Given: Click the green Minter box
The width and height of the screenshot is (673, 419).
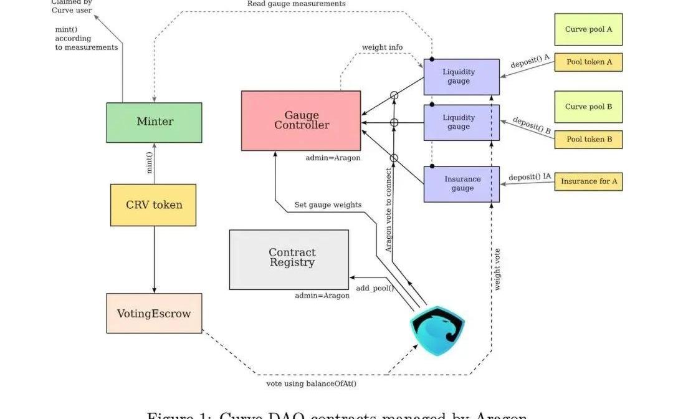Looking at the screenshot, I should pos(155,122).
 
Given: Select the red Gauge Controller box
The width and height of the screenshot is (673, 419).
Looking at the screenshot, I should pos(301,120).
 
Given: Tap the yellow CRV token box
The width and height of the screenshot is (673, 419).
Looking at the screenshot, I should pos(153,205).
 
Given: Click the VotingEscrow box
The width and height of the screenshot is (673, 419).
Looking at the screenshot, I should pos(154,313).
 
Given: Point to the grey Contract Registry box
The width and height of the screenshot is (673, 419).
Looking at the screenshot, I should pos(289,259).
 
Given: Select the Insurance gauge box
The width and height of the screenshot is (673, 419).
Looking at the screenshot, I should pos(461,184).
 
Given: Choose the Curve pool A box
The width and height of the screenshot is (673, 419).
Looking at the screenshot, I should pos(588,29).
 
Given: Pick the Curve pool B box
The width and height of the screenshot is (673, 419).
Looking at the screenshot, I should pos(588,107).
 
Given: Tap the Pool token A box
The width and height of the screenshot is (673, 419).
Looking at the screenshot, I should pos(588,62).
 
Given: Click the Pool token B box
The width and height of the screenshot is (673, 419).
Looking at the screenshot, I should pos(588,139).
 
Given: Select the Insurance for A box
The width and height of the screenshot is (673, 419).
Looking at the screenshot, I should pos(588,181).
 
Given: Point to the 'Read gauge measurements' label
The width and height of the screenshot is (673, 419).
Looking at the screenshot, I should pos(296,4).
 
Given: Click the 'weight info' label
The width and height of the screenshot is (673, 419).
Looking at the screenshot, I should pos(382,48).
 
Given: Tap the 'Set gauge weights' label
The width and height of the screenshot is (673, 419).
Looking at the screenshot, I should pos(328,205).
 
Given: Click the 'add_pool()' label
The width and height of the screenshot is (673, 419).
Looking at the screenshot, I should pos(375,288).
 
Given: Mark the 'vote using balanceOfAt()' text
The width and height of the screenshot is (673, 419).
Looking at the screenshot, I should pos(311,383).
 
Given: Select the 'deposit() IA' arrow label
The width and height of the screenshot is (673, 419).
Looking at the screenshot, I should pos(529,177).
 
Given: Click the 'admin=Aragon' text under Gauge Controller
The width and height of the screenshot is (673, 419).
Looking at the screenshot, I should pos(333,158).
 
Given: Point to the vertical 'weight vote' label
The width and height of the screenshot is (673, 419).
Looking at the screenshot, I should pos(497,269).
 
